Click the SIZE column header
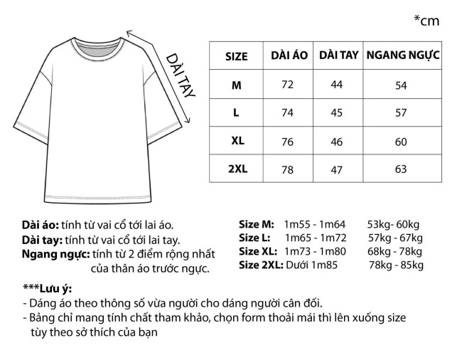[236, 56]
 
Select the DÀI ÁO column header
[289, 55]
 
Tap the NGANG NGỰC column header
[402, 55]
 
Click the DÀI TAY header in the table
[338, 55]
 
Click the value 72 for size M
[287, 85]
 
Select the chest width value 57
[401, 113]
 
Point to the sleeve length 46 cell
[337, 142]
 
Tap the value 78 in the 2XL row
[287, 169]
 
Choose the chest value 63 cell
[401, 169]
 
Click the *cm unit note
[426, 21]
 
